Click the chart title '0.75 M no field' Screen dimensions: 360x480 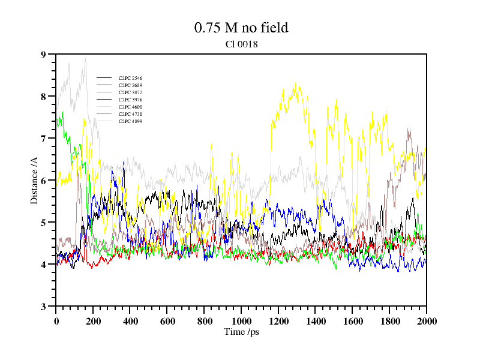241,28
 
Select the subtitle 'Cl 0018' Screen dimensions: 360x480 241,43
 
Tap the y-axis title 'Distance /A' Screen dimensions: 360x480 35,180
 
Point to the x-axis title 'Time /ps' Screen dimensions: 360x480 241,332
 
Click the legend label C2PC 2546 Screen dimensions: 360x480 130,79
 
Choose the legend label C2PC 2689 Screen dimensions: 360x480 130,86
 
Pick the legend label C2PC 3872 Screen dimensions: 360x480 130,93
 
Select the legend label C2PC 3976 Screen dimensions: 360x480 130,100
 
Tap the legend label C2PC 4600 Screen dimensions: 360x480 130,107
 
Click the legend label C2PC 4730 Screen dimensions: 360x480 130,115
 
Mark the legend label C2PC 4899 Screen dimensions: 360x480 130,122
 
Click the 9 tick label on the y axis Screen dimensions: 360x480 43,55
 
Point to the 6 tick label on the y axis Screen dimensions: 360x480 43,181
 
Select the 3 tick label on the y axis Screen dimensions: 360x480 43,307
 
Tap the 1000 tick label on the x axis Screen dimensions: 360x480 241,321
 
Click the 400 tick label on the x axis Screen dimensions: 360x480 130,321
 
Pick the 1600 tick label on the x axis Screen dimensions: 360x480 352,321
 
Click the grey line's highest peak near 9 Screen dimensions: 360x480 86,58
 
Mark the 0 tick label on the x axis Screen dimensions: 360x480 56,321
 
